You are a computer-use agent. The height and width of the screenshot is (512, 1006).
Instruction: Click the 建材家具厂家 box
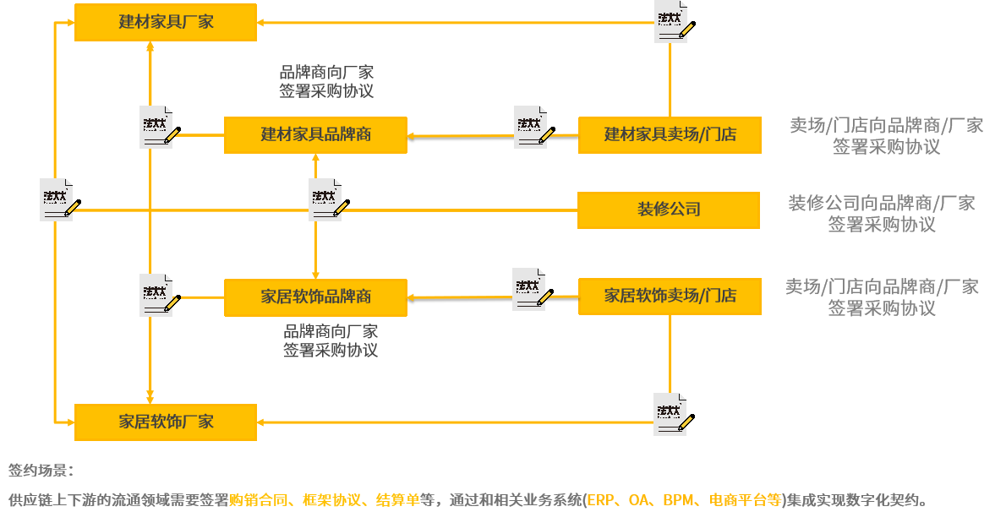coord(166,22)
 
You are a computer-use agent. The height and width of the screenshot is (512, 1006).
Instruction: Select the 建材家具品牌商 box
coord(315,135)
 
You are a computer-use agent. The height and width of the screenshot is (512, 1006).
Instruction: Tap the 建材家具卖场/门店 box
coord(670,135)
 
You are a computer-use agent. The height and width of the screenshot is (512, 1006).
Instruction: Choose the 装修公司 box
coord(669,210)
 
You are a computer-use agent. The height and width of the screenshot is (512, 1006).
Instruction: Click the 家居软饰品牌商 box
coord(315,297)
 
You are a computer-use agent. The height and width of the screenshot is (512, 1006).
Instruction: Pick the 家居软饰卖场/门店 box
coord(670,297)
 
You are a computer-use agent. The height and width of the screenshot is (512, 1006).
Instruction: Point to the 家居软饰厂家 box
coord(166,422)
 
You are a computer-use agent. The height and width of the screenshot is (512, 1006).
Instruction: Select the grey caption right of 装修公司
coord(882,214)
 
